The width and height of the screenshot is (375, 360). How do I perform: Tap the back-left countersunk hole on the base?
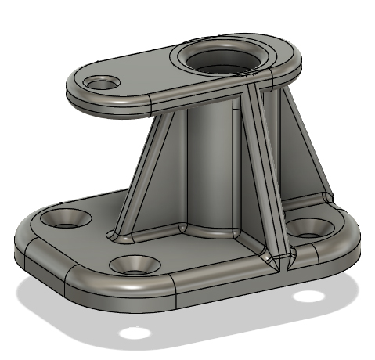[x=67, y=218]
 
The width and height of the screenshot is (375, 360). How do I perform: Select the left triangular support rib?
[x=145, y=180]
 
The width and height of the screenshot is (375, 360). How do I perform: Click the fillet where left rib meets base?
[x=116, y=235]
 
